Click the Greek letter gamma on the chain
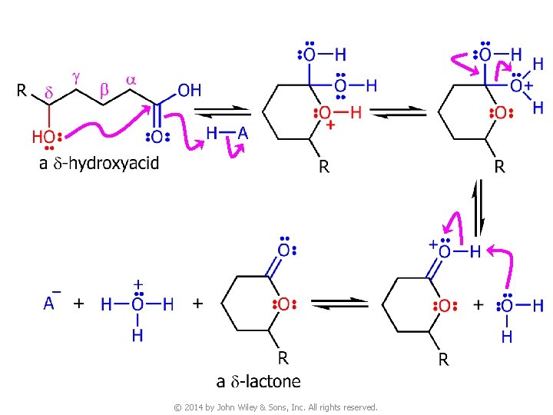tap(76, 77)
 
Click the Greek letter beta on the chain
tap(104, 89)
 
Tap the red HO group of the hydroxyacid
tap(44, 136)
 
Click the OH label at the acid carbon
tap(189, 91)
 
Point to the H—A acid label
tap(227, 133)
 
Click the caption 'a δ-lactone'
tap(258, 381)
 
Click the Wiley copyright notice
tap(276, 407)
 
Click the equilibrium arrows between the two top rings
tap(398, 113)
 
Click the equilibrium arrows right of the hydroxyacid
tap(222, 112)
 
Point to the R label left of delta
tap(22, 91)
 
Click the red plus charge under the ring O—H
tap(331, 124)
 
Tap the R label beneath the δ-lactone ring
tap(283, 357)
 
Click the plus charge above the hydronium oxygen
tap(137, 284)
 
